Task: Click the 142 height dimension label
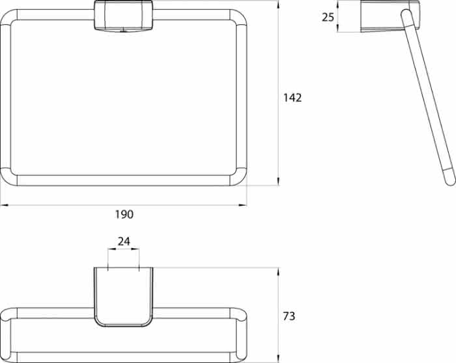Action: coord(292,98)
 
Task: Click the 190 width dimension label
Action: coord(124,214)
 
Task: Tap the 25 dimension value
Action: coord(328,18)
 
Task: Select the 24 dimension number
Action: coord(124,242)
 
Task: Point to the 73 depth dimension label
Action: coord(289,316)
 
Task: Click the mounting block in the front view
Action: coord(123,16)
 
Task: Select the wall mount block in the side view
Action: coord(390,16)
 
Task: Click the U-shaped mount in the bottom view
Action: coord(123,296)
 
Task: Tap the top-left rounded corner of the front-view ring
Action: coord(8,17)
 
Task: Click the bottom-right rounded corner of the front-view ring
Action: coord(239,178)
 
